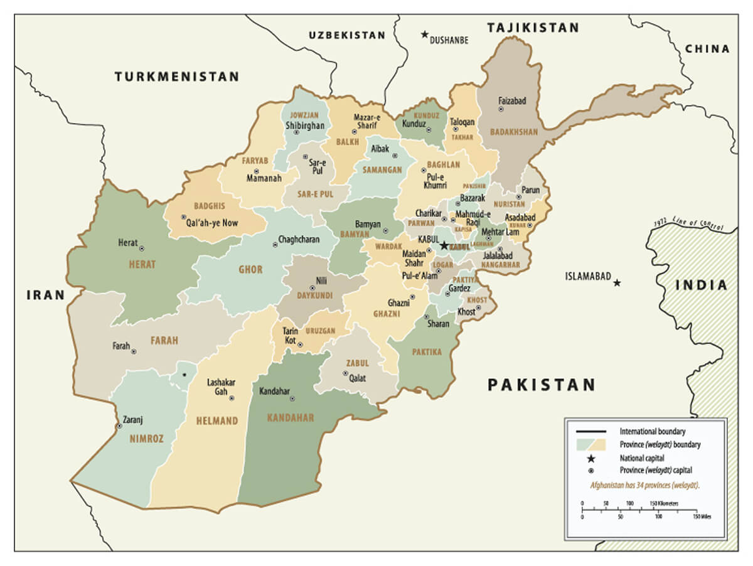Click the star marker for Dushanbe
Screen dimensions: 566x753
425,35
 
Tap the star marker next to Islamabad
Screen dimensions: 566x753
617,283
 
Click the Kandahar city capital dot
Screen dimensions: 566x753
292,398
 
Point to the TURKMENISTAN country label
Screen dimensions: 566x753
177,77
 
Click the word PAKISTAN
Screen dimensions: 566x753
542,385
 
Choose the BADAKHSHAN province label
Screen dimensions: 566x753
513,132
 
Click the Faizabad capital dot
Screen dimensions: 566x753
501,109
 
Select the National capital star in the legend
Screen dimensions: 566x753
591,458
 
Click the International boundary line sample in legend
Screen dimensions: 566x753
591,432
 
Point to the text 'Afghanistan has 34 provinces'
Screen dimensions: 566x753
645,485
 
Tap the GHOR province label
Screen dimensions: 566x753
250,270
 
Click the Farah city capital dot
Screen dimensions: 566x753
133,352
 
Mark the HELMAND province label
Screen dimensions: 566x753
216,420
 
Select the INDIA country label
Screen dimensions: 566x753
702,286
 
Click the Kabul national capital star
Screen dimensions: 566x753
444,245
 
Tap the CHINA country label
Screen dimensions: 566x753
707,49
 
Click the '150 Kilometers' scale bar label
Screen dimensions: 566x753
663,504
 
